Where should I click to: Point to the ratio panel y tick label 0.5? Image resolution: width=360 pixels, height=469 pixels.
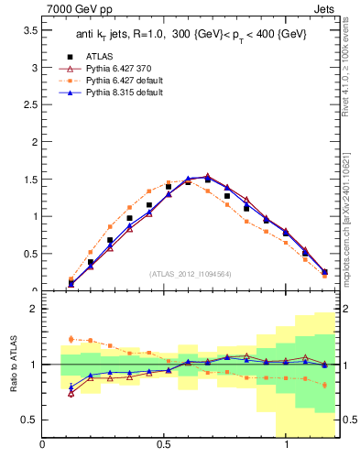(x=29, y=420)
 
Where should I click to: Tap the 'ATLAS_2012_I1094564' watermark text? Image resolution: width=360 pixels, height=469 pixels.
(x=190, y=273)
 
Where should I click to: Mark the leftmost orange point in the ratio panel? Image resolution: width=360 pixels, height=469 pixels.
(x=71, y=339)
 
